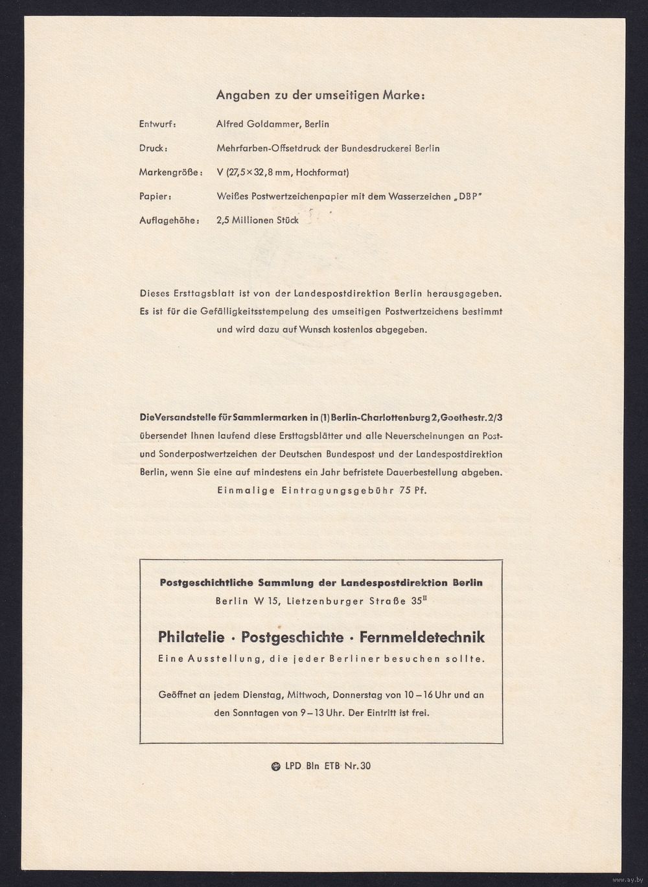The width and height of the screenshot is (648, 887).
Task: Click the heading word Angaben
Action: [238, 96]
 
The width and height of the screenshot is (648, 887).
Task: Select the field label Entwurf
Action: [157, 124]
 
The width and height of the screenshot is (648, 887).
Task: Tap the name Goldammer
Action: [270, 124]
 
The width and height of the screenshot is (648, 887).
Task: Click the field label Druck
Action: [153, 148]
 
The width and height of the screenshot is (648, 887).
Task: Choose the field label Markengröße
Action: [167, 172]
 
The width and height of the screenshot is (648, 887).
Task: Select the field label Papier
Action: [155, 196]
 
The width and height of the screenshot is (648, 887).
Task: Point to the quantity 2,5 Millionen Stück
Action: [257, 220]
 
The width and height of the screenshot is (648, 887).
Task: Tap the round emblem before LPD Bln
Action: [275, 766]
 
